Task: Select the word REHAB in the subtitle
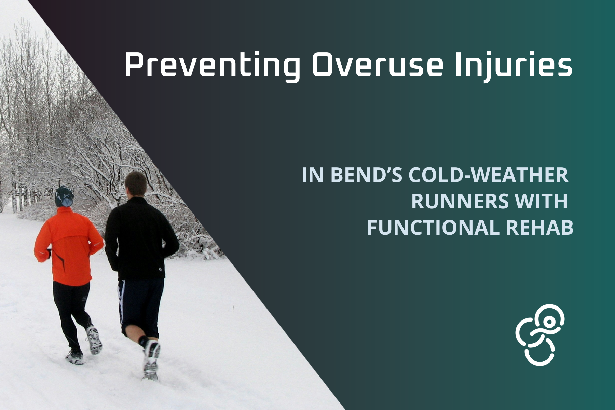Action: click(539, 228)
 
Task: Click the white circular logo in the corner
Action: click(539, 335)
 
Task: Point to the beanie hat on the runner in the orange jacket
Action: click(64, 196)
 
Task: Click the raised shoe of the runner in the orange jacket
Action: click(94, 340)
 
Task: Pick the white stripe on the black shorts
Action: click(120, 301)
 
